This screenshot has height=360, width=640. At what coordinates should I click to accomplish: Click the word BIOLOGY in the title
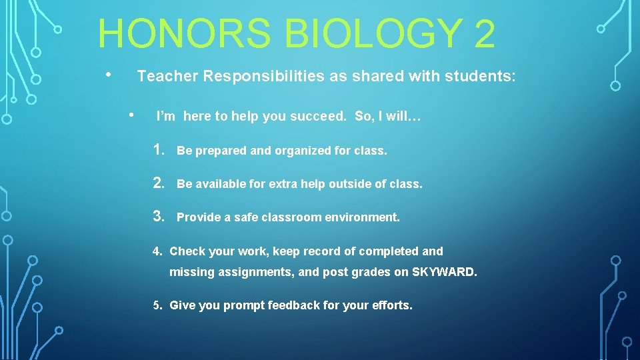[360, 33]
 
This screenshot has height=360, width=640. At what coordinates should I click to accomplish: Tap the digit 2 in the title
[485, 33]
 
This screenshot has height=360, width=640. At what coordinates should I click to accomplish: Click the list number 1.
[159, 150]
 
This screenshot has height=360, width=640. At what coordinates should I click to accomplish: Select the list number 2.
[159, 183]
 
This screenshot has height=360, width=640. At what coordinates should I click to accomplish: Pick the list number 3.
[159, 216]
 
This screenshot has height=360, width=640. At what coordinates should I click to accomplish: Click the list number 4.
[158, 252]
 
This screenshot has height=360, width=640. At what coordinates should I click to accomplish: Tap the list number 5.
[158, 306]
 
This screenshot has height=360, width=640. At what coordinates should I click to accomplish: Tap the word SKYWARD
[443, 273]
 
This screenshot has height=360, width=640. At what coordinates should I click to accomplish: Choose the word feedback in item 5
[293, 306]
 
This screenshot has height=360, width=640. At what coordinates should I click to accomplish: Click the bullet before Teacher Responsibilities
[109, 73]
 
